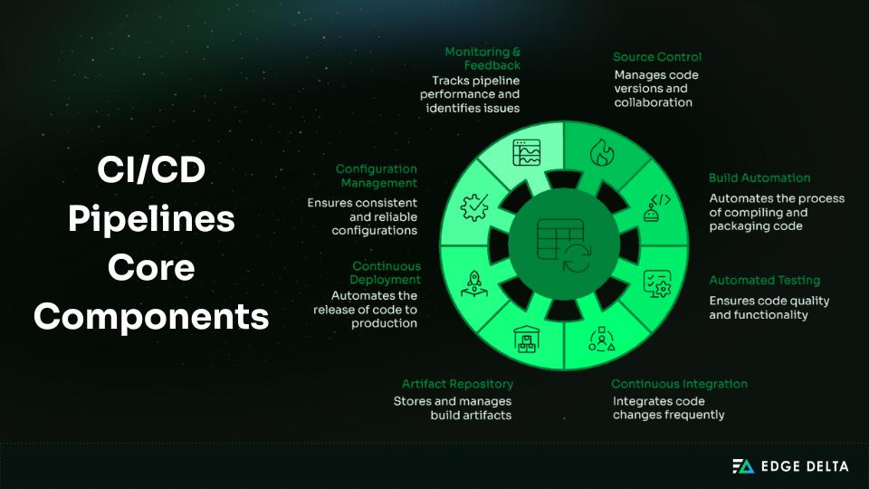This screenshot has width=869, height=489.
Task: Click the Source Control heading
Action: (x=657, y=57)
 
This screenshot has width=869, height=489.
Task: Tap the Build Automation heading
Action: (x=759, y=178)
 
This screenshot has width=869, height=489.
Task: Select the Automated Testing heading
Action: (x=764, y=281)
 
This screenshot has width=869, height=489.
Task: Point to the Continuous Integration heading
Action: (x=679, y=384)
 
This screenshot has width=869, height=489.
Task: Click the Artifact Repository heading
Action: (x=457, y=384)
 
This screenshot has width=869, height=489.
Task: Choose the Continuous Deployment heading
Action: (x=386, y=273)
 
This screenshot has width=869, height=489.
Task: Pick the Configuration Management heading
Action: (x=377, y=176)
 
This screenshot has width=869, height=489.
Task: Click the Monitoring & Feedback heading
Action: (x=482, y=59)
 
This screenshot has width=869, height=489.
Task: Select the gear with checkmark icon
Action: (x=474, y=207)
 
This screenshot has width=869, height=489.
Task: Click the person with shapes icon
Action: (x=602, y=338)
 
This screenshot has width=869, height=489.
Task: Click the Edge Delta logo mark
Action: (x=742, y=466)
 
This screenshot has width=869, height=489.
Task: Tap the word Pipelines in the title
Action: (x=151, y=220)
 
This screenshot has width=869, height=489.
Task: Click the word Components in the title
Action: (x=151, y=318)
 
